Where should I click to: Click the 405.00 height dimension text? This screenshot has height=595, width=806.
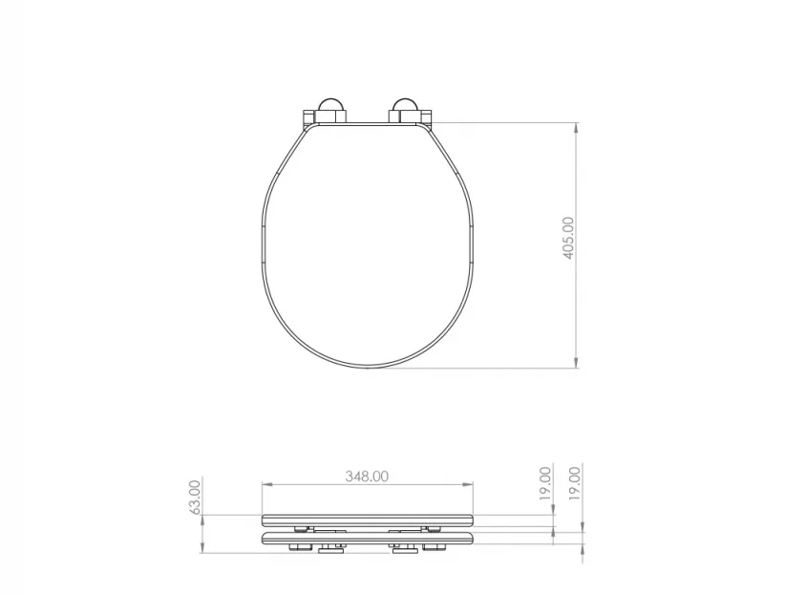tap(569, 239)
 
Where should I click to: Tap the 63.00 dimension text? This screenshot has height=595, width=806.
tap(196, 497)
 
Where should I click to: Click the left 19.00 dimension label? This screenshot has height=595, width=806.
tap(545, 483)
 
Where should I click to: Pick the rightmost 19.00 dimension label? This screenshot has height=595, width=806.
tap(574, 483)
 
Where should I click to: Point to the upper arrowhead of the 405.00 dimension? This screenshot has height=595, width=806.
tap(577, 127)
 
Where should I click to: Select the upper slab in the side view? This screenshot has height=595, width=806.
tap(368, 520)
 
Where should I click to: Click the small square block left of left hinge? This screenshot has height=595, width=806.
tap(308, 118)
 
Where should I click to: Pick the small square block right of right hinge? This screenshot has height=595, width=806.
tap(426, 118)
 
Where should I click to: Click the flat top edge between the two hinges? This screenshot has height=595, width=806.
tap(368, 124)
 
